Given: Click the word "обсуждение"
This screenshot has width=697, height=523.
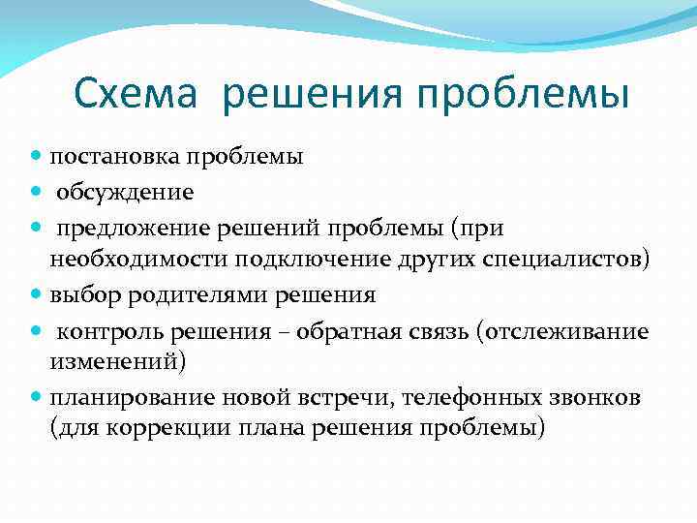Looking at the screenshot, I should pos(125,192).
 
